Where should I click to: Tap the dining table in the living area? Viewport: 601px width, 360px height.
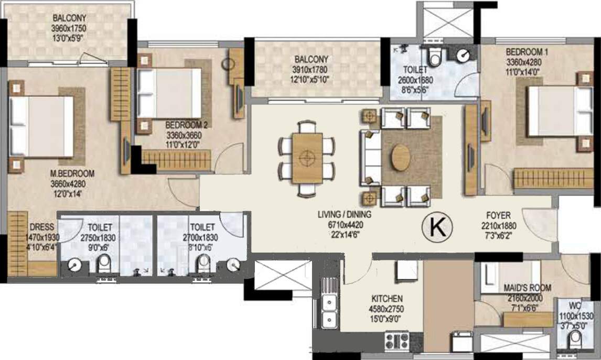click(x=307, y=158)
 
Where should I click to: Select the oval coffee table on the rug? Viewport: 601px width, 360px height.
click(x=401, y=157)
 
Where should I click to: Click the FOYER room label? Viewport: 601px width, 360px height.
click(x=498, y=215)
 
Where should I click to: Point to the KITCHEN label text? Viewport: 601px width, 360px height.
click(x=387, y=299)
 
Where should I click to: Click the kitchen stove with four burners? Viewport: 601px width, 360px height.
click(x=396, y=341)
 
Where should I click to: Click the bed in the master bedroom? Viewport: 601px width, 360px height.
click(x=41, y=126)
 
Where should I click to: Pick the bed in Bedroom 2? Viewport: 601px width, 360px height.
click(x=169, y=93)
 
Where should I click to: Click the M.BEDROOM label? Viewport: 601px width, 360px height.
click(x=72, y=173)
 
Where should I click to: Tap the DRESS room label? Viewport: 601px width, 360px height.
click(x=42, y=227)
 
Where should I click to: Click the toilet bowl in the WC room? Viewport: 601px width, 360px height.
click(x=575, y=339)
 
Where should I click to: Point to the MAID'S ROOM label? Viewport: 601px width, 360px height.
click(x=528, y=288)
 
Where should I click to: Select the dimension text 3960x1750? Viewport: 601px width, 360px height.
click(x=69, y=28)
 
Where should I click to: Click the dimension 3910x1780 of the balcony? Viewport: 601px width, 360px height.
click(x=311, y=70)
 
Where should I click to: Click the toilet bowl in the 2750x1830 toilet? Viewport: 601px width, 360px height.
click(x=103, y=264)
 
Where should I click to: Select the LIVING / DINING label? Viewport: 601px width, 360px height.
click(x=344, y=214)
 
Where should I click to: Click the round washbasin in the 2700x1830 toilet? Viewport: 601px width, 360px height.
click(x=233, y=265)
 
